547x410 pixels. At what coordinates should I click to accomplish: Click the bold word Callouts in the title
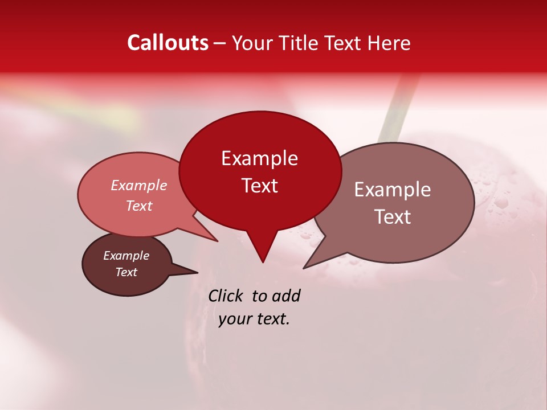click(168, 43)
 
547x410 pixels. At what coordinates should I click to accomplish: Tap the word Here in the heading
click(389, 43)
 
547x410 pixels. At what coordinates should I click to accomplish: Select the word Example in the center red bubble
click(259, 158)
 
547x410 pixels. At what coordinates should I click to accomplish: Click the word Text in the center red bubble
click(259, 186)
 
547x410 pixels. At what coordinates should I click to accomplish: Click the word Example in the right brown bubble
click(393, 190)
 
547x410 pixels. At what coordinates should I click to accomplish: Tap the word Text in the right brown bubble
click(393, 217)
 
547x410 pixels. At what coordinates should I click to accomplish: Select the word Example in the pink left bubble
click(139, 185)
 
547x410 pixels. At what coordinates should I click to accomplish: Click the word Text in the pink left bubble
click(139, 206)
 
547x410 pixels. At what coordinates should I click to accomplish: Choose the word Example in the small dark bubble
click(126, 256)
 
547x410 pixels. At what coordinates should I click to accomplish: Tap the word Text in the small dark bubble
click(126, 272)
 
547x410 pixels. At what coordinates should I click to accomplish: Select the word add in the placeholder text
click(286, 296)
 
